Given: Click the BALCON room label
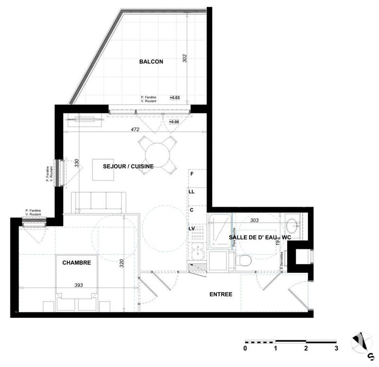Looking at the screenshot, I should [x=151, y=62].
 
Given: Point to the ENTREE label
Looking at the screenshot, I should [x=221, y=294].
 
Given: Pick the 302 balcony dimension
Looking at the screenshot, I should [x=185, y=59].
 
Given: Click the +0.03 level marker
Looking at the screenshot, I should [x=175, y=98].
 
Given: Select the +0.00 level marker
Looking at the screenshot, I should [x=175, y=122].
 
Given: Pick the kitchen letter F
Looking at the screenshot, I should [x=192, y=174].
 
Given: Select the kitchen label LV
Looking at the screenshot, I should [x=192, y=229].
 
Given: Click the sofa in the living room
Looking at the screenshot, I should [x=99, y=202].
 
